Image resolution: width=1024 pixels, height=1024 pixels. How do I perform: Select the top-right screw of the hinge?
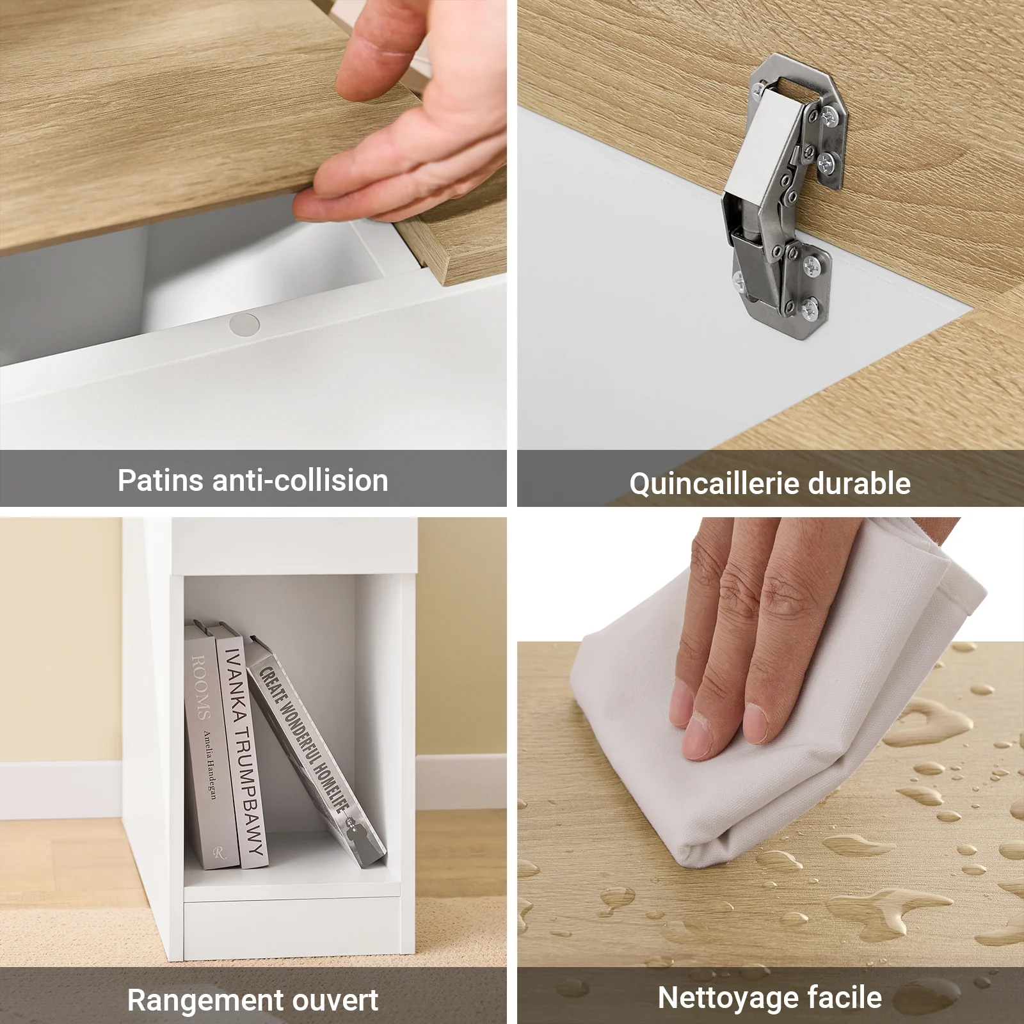pyautogui.click(x=831, y=116)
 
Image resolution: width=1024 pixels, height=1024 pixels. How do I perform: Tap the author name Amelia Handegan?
pyautogui.click(x=209, y=764)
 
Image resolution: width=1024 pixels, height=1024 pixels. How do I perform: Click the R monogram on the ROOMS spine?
pyautogui.click(x=220, y=852)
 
